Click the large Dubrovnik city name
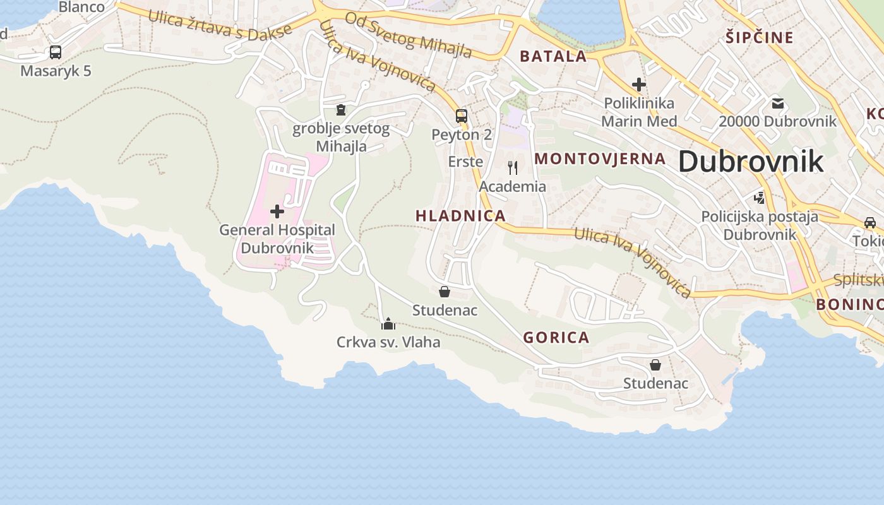[x=751, y=162]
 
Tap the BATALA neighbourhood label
[x=553, y=56]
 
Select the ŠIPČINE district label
[x=759, y=38]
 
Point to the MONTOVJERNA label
[x=600, y=159]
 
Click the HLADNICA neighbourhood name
[x=460, y=216]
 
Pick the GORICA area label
[x=556, y=338]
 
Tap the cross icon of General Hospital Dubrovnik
[x=277, y=211]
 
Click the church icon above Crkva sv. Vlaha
[x=388, y=324]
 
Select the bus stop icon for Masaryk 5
[x=56, y=52]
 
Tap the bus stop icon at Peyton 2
[x=462, y=116]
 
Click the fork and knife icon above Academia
[x=513, y=168]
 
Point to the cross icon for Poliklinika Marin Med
[x=639, y=84]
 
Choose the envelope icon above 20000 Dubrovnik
[x=777, y=103]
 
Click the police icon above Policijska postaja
[x=759, y=198]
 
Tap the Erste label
[x=465, y=162]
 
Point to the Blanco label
[x=81, y=7]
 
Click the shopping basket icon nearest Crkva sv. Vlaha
[x=445, y=292]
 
